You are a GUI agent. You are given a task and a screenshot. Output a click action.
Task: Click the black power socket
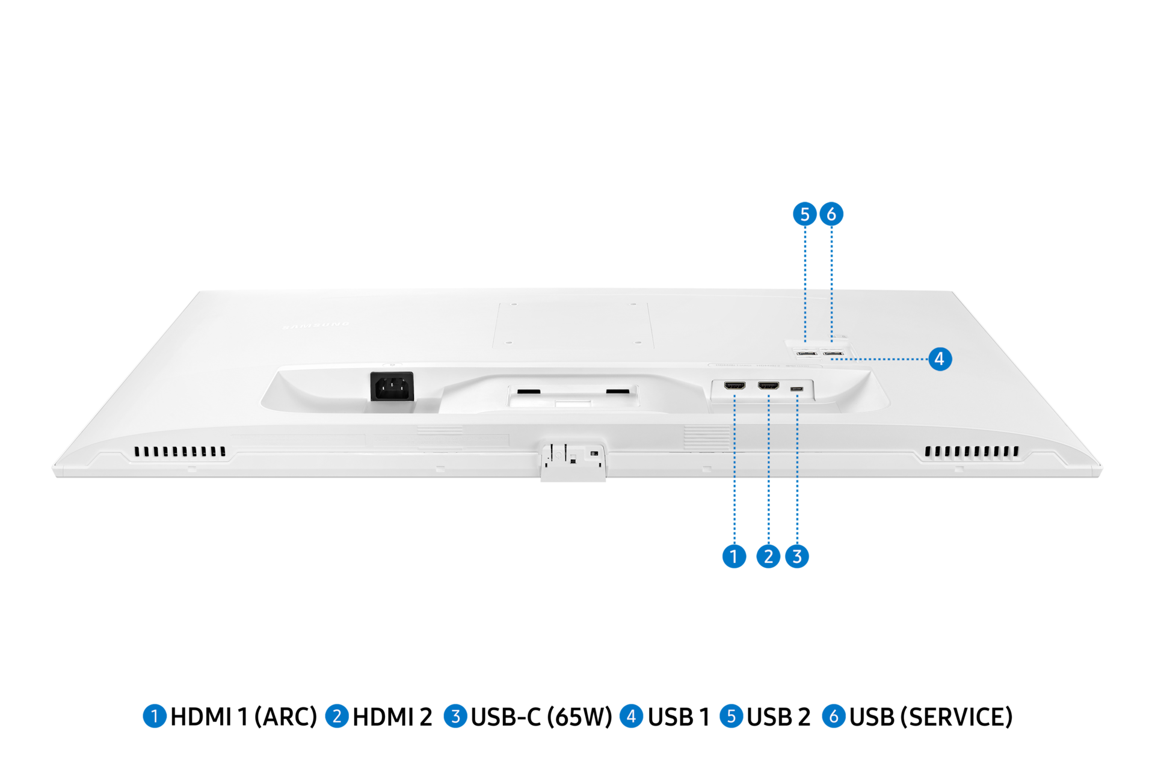click(x=392, y=386)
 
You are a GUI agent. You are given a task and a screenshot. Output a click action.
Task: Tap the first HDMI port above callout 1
click(x=735, y=386)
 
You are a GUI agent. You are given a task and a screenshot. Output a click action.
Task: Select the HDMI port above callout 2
click(x=768, y=386)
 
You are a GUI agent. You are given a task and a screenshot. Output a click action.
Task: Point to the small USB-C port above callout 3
click(x=797, y=389)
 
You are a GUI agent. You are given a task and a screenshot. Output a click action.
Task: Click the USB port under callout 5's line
click(x=806, y=354)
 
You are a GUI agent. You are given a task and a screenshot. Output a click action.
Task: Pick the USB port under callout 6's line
click(x=833, y=354)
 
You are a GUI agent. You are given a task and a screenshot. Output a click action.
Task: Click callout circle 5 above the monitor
click(x=804, y=214)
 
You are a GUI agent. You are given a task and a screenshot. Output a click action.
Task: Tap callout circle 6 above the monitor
click(x=831, y=214)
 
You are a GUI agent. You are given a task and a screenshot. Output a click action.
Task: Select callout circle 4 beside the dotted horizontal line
click(x=939, y=359)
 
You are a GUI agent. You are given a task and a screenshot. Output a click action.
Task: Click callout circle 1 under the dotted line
click(x=734, y=556)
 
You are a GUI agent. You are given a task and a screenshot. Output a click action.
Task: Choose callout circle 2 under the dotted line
click(x=768, y=556)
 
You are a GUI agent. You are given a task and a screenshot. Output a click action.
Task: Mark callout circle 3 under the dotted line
click(x=797, y=556)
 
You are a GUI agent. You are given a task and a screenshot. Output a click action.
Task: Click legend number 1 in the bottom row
click(x=155, y=716)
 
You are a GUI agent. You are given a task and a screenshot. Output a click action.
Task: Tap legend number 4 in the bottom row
click(x=631, y=716)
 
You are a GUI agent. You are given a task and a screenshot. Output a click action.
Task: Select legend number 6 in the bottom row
click(x=834, y=716)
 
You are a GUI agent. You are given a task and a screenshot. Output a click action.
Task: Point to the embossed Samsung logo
click(x=316, y=326)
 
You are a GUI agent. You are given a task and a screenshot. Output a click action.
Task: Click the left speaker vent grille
click(x=180, y=451)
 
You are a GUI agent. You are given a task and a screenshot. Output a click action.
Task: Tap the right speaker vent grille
click(x=972, y=451)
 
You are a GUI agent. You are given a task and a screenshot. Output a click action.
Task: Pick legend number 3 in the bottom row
click(x=455, y=716)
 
